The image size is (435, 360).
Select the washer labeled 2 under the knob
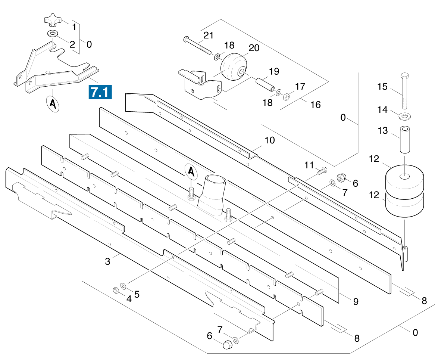52,34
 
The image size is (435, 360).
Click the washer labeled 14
405,116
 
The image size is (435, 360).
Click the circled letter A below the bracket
53,104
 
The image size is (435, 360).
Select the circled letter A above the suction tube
191,172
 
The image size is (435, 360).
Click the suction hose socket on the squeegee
212,190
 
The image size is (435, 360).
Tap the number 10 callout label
269,140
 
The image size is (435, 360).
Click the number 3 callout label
107,261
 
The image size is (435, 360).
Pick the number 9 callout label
356,301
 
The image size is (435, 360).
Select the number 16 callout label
315,105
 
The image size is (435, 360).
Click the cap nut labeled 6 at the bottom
226,345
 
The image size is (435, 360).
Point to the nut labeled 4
116,290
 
